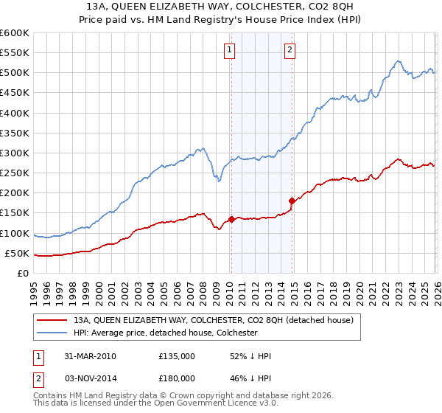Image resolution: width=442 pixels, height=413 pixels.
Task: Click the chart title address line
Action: (x=221, y=6)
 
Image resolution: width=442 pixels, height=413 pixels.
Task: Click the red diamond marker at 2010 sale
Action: (x=231, y=219)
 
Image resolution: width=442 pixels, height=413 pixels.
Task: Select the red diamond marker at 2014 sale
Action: (x=292, y=201)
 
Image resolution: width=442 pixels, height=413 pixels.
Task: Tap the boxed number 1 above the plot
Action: (x=230, y=50)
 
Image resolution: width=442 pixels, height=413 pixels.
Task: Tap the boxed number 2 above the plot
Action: (x=290, y=50)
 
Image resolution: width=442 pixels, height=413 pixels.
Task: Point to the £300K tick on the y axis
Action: (x=15, y=153)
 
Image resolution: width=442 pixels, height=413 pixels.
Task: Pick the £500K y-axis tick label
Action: (x=15, y=73)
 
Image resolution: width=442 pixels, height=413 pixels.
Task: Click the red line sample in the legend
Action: (x=52, y=321)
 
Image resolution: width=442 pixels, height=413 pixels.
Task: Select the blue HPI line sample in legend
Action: (x=52, y=333)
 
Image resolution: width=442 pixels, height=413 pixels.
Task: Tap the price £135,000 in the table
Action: (x=177, y=356)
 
